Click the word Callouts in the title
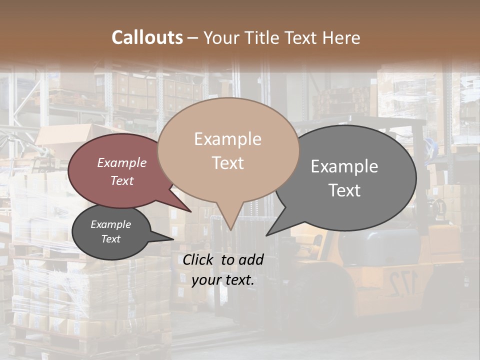pyautogui.click(x=147, y=38)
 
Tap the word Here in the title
pyautogui.click(x=341, y=38)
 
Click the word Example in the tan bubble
pyautogui.click(x=227, y=139)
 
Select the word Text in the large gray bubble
pyautogui.click(x=345, y=190)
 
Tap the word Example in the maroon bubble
pyautogui.click(x=121, y=163)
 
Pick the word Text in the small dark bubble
pyautogui.click(x=110, y=239)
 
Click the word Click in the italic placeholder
pyautogui.click(x=199, y=259)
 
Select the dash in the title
pyautogui.click(x=193, y=38)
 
